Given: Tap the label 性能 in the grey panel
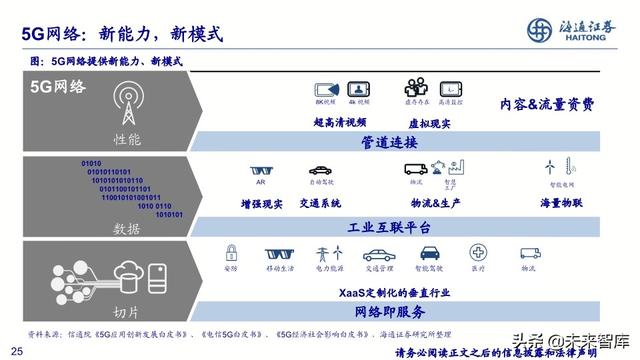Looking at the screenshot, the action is pos(127,137).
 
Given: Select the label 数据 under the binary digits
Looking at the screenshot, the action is pos(127,227).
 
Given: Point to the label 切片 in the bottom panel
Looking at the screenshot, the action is pos(127,312).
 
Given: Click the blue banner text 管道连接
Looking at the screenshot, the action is pos(388,144).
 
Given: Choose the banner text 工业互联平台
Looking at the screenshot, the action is pos(388,227).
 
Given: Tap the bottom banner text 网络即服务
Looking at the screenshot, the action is pos(388,312).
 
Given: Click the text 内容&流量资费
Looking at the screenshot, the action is pos(547,104).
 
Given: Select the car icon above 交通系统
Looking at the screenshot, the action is pos(319,168).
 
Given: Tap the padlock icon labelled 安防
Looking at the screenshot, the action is pos(231,253).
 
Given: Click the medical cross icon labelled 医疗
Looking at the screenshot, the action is pos(480,254).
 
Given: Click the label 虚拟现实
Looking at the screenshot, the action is pos(431,123).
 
